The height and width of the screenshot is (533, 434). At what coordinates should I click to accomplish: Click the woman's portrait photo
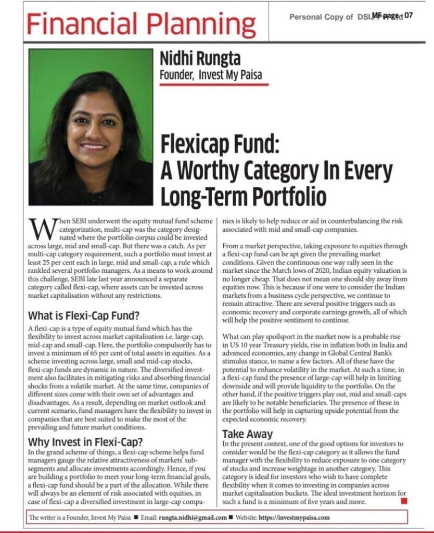91,127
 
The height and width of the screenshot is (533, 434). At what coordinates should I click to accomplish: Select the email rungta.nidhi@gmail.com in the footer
194,517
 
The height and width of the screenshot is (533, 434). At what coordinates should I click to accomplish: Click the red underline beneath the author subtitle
214,83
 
